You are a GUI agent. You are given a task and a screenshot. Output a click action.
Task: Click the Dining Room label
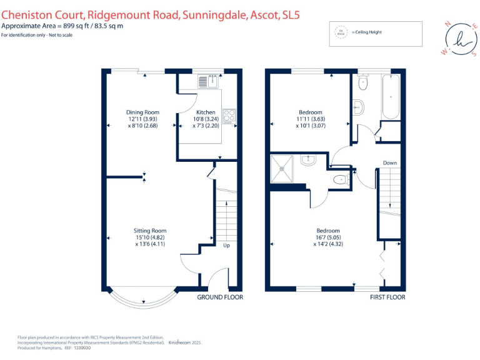(139, 112)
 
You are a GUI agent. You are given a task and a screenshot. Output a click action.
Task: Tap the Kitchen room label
(206, 112)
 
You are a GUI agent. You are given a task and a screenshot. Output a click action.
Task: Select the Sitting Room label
(150, 231)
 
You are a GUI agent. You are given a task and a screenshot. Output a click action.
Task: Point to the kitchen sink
(207, 81)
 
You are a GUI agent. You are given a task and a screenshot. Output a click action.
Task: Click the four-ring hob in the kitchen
(229, 116)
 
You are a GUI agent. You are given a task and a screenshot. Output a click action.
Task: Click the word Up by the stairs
(227, 246)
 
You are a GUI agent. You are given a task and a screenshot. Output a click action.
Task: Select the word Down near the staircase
(389, 163)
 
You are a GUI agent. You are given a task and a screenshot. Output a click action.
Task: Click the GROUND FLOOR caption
(220, 297)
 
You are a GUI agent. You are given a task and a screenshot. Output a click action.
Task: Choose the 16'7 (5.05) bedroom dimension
(328, 237)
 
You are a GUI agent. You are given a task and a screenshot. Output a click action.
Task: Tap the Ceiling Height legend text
(367, 32)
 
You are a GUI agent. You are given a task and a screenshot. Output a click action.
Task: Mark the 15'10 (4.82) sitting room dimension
(150, 237)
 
